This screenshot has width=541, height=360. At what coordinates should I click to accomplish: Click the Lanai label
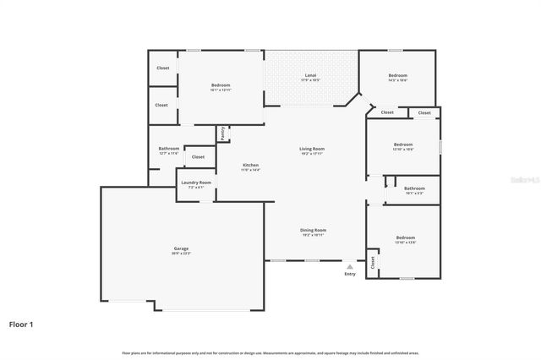311,75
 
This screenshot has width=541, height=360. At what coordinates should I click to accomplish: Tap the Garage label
182,248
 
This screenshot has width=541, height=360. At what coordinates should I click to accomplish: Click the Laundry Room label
196,183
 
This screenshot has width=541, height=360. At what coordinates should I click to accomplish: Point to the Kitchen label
251,165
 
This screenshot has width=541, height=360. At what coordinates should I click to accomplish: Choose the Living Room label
312,149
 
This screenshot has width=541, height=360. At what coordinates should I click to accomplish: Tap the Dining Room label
313,230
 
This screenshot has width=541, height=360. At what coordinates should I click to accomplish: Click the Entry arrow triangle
350,265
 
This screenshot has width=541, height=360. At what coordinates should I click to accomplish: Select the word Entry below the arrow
350,274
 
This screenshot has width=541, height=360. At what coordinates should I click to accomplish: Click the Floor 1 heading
21,323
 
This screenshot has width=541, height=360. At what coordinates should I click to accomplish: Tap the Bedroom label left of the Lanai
221,85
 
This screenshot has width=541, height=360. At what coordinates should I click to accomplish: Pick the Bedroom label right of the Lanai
397,75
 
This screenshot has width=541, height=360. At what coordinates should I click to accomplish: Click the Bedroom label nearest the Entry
405,237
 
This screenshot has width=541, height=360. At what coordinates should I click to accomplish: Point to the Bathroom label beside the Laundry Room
168,149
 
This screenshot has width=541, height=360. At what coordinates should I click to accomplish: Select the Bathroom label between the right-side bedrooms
414,188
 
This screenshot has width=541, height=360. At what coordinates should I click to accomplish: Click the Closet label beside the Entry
372,264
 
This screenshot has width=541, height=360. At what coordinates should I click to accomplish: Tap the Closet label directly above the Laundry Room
198,156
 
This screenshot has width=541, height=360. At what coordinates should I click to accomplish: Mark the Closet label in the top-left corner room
162,68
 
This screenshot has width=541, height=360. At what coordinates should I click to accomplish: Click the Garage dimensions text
182,254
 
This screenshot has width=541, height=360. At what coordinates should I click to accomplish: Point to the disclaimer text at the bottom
270,352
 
